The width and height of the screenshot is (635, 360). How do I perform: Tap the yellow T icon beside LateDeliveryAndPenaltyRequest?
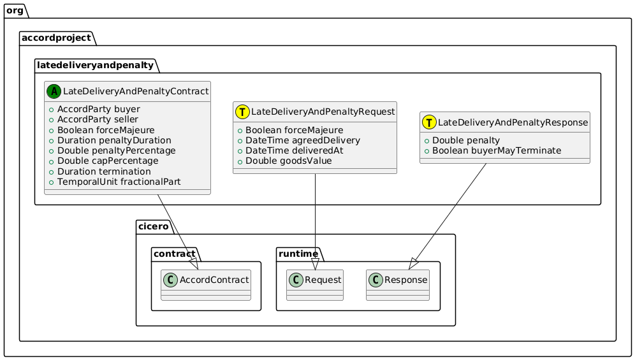tap(243, 112)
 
